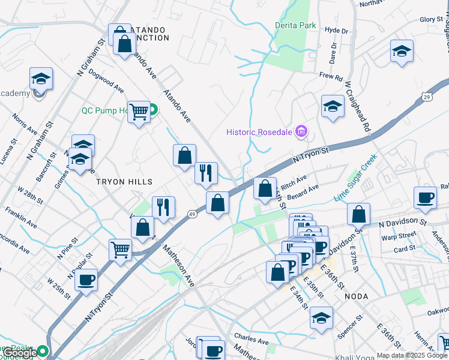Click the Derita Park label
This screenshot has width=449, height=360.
click(x=295, y=26)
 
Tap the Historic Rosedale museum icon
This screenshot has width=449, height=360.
click(x=302, y=131)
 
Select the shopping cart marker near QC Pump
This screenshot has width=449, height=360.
click(x=139, y=112)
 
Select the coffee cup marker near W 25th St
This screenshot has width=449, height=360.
click(x=87, y=280)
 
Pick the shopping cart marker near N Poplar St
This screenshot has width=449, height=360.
click(x=121, y=249)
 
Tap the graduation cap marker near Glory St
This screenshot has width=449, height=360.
click(x=402, y=51)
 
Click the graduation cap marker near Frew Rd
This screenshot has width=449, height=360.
click(x=333, y=106)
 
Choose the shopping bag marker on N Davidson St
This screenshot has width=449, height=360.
click(x=358, y=214)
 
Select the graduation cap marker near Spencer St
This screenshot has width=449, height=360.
click(x=322, y=317)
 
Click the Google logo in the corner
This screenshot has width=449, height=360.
click(x=19, y=353)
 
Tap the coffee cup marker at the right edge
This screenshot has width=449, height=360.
click(x=426, y=198)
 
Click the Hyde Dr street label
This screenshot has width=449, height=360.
click(x=336, y=31)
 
